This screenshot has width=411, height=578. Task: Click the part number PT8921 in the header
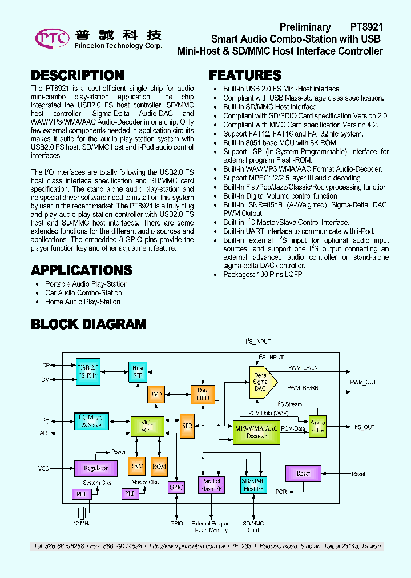point(366,27)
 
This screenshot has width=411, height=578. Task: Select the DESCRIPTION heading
point(77,75)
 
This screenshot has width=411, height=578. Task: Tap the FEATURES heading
point(245,75)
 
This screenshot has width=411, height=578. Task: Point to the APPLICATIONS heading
point(81,270)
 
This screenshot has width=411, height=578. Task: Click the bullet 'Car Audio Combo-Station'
point(83,293)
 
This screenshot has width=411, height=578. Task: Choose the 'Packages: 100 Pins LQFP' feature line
point(263,274)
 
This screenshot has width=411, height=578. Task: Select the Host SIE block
point(138,372)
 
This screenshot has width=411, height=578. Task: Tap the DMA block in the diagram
point(156,394)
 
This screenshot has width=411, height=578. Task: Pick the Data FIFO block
point(203,394)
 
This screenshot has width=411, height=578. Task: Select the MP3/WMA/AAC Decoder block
point(256,432)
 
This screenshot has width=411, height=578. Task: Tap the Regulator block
point(95,468)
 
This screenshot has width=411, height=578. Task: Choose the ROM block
point(159,467)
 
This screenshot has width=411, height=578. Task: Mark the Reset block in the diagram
point(303,473)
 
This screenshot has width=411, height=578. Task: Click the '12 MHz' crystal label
point(82,524)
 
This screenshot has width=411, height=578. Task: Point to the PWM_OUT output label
point(364,382)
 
